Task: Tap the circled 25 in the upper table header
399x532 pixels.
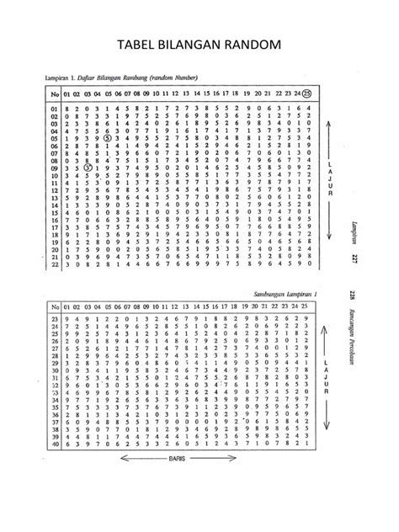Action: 307,93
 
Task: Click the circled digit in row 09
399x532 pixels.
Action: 88,168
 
